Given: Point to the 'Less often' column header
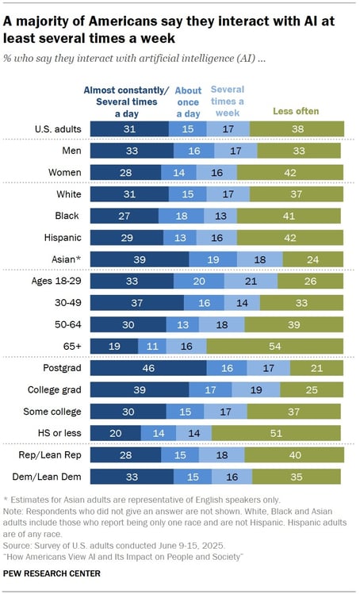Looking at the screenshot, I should coord(296,111).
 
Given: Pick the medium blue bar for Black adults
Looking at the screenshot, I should coord(182,216).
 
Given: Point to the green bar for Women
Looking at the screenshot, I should coord(290,172).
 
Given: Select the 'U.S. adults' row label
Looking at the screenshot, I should coord(56,128).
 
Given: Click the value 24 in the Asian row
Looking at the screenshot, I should coord(312,259).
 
